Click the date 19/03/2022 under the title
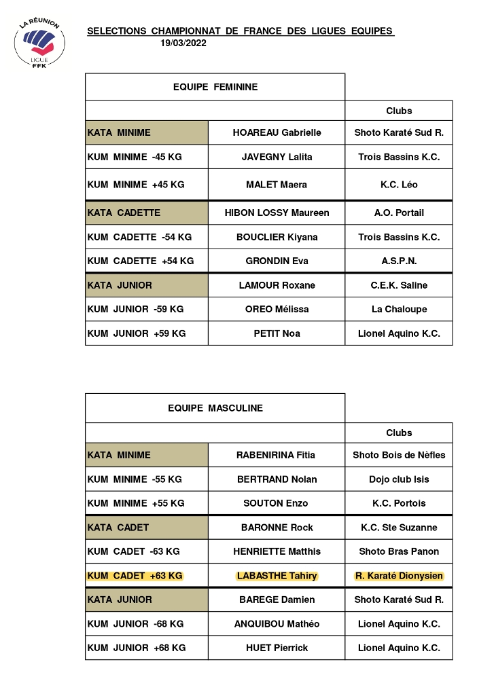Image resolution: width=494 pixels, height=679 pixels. click(x=183, y=43)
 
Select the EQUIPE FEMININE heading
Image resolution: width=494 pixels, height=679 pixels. click(x=215, y=87)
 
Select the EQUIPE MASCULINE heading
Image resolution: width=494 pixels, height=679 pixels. click(x=215, y=408)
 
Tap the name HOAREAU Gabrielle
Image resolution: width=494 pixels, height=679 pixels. click(x=277, y=132)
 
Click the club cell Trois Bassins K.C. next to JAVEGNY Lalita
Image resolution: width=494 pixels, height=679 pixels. click(x=399, y=157)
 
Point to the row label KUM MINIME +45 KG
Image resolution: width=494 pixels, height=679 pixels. click(x=136, y=185)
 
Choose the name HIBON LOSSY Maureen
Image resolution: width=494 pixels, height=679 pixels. click(x=277, y=213)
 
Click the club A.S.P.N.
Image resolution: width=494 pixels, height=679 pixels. click(x=399, y=261)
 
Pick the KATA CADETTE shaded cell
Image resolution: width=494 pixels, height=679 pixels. click(x=146, y=213)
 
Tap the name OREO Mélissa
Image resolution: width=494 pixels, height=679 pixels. click(x=277, y=309)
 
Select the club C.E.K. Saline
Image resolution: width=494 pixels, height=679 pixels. click(x=399, y=285)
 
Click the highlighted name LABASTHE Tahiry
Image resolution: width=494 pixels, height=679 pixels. click(x=277, y=576)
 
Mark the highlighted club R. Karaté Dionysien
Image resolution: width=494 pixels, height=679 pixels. click(x=399, y=576)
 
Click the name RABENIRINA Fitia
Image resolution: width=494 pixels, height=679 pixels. click(x=277, y=455)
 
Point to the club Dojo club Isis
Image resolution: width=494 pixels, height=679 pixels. click(x=399, y=479)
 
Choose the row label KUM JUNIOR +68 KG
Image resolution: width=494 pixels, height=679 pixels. click(x=136, y=648)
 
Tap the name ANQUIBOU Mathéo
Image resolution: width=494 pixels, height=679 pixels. click(x=277, y=623)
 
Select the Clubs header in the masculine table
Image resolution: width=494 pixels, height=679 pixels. click(x=399, y=433)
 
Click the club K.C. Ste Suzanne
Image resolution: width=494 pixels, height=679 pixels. click(x=399, y=527)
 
